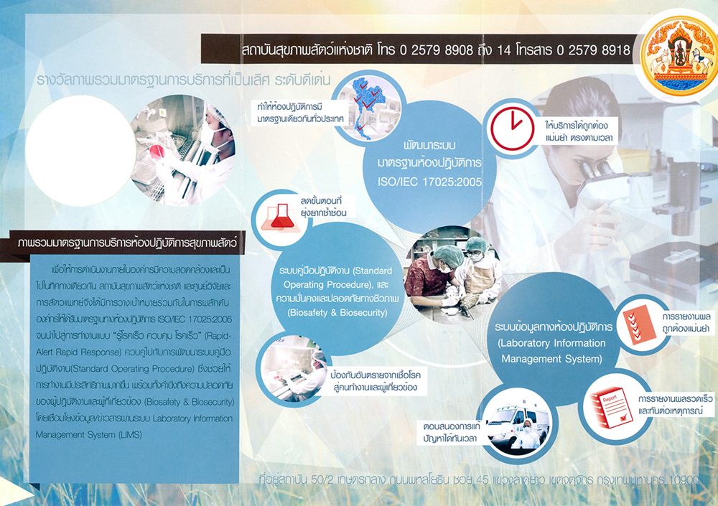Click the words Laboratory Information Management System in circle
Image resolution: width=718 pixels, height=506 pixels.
point(550,350)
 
